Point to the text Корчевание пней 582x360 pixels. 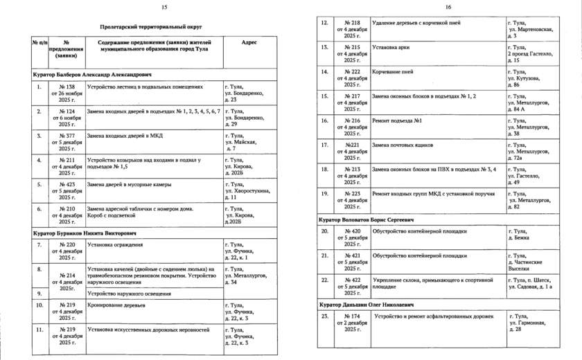(393, 71)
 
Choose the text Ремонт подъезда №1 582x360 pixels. (398, 120)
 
